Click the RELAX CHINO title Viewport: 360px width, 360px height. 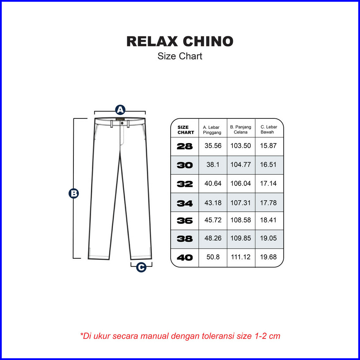180,41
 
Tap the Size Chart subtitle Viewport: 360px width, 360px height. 180,56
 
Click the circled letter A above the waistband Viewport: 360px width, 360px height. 120,110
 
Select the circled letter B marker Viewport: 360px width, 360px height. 73,194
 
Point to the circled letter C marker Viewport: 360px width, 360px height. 141,267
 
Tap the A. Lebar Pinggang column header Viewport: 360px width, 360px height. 212,130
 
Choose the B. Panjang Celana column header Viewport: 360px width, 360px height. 241,130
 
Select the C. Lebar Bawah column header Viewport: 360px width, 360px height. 268,130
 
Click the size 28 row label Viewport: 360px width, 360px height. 185,146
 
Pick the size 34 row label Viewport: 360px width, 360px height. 185,203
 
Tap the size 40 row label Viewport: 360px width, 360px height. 185,258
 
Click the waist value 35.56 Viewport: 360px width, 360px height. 213,146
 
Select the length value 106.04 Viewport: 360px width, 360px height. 241,183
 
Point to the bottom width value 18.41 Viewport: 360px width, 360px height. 268,220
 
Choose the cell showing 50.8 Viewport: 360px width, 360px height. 213,257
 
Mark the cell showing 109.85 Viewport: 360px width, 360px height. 241,238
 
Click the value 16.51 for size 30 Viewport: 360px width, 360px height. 268,165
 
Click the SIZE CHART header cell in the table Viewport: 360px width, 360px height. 186,130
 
